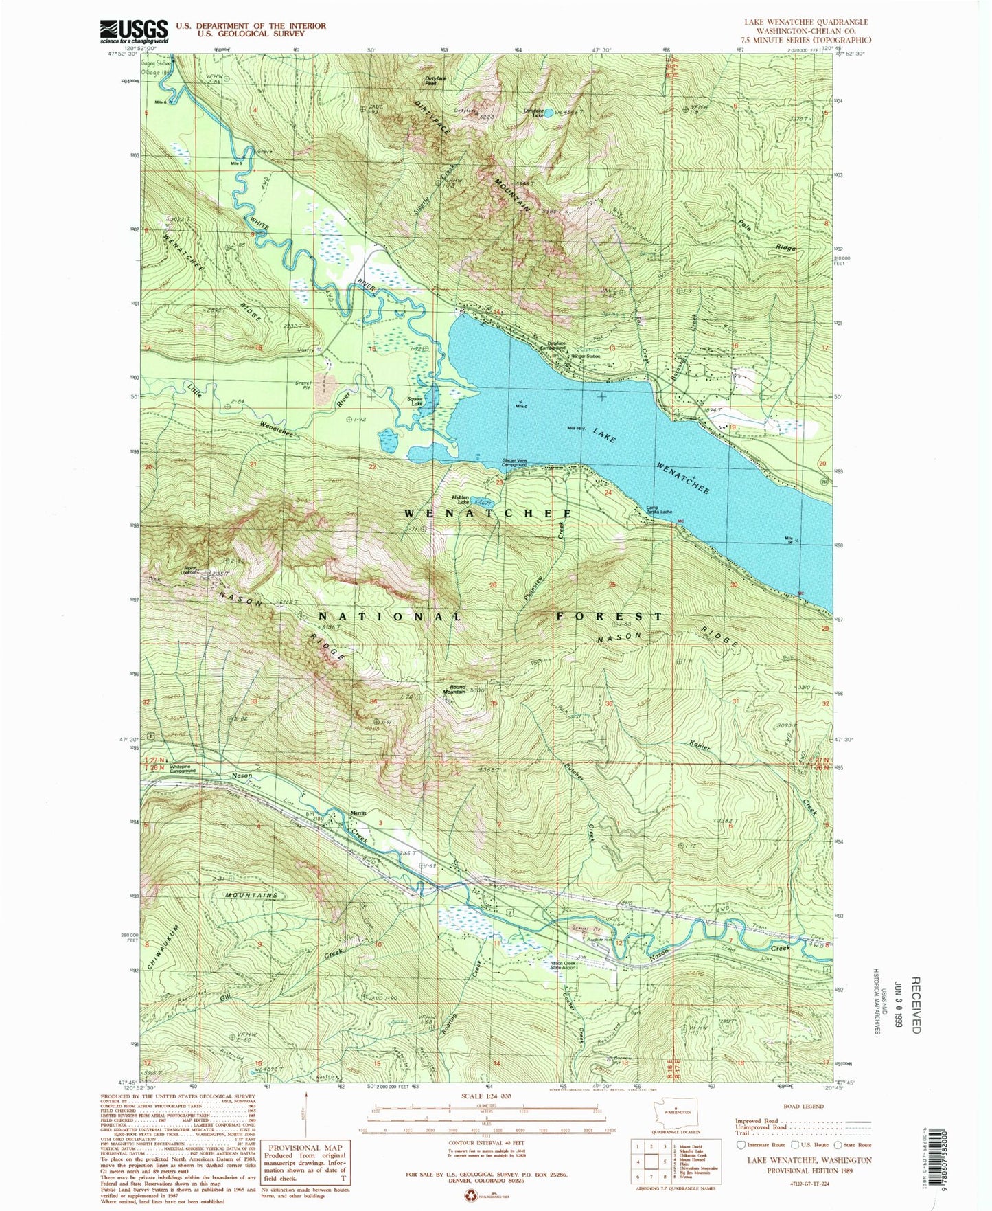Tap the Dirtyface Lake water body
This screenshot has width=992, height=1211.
(x=549, y=113)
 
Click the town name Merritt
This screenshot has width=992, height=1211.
(x=358, y=813)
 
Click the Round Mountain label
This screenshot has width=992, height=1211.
(x=457, y=689)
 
